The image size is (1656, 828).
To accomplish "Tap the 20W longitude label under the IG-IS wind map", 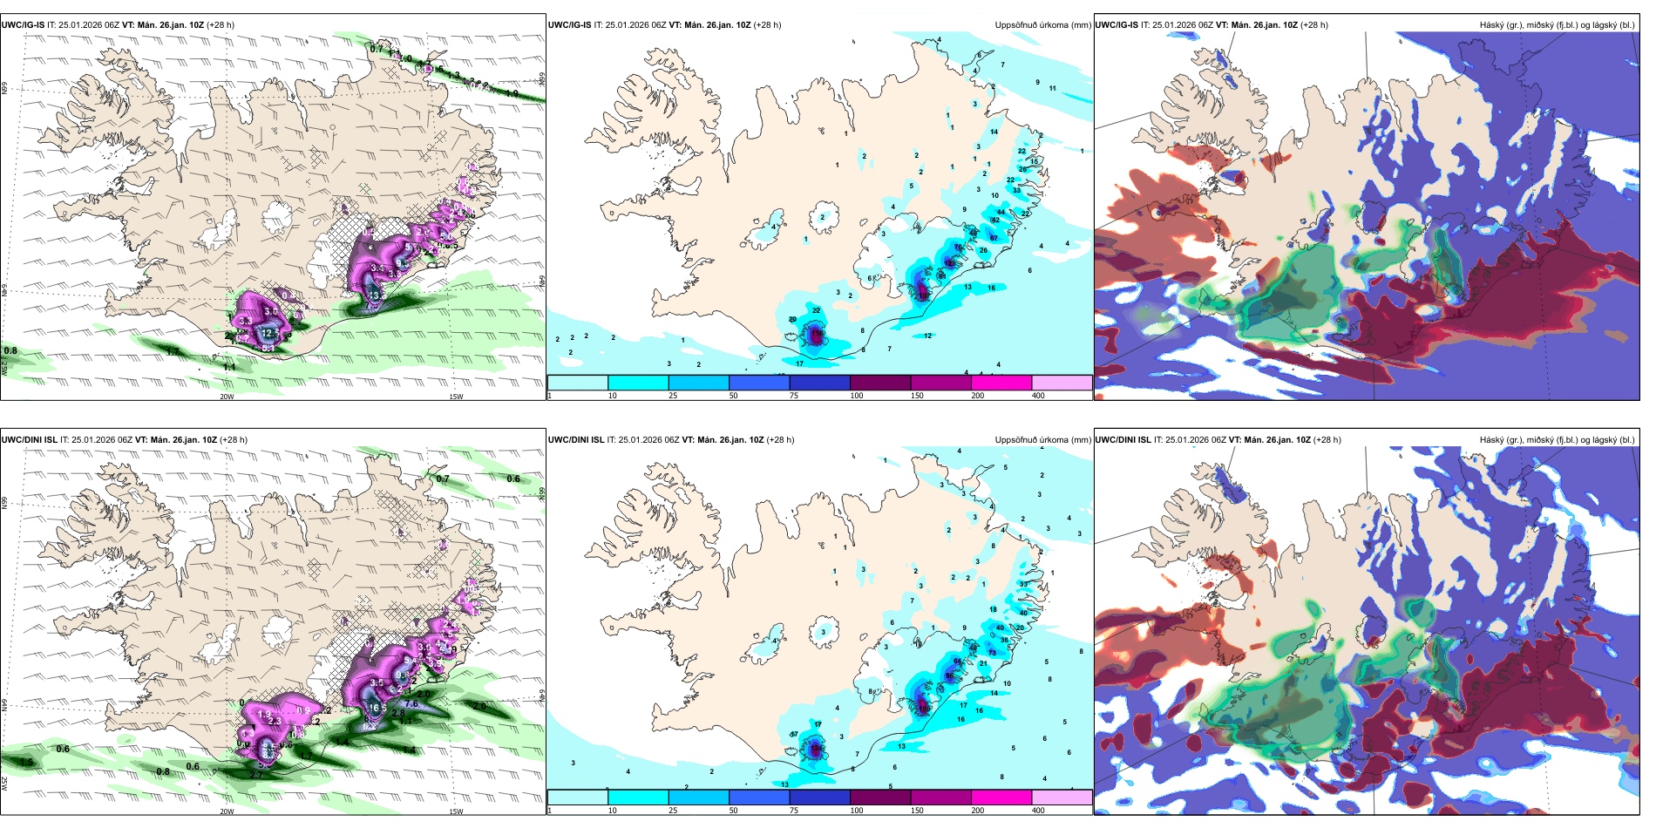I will coord(227,397).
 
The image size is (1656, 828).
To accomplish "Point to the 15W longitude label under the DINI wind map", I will coord(455,811).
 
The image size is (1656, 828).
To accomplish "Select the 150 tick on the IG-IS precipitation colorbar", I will coord(917,396).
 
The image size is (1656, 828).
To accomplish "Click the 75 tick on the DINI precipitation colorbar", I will coord(794,811).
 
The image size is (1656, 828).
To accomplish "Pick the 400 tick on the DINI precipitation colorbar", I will coord(1038,811).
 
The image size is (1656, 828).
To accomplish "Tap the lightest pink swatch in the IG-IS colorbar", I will coord(1062,383).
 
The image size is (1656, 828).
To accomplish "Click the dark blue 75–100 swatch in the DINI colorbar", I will coord(819,797).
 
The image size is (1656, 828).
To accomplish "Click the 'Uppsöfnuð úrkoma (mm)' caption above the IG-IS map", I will coord(1042,25).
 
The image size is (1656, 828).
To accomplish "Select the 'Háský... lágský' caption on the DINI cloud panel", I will coord(1557,440).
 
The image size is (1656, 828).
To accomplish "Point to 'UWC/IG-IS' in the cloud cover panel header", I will coord(1116,25).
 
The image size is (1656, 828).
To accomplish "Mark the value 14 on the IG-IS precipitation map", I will coord(994,132).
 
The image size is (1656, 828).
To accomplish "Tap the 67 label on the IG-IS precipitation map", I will coord(994,238).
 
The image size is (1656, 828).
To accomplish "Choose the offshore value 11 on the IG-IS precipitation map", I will coord(1053,88).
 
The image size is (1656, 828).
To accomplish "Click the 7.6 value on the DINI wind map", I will coord(412,703).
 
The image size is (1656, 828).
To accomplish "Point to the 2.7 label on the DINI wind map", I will coord(256,775).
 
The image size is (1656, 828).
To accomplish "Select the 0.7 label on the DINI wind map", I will coord(443,478).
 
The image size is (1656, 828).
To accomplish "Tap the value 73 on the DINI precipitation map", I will coord(992,653).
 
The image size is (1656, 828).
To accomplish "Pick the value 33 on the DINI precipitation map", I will coord(1023,584).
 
